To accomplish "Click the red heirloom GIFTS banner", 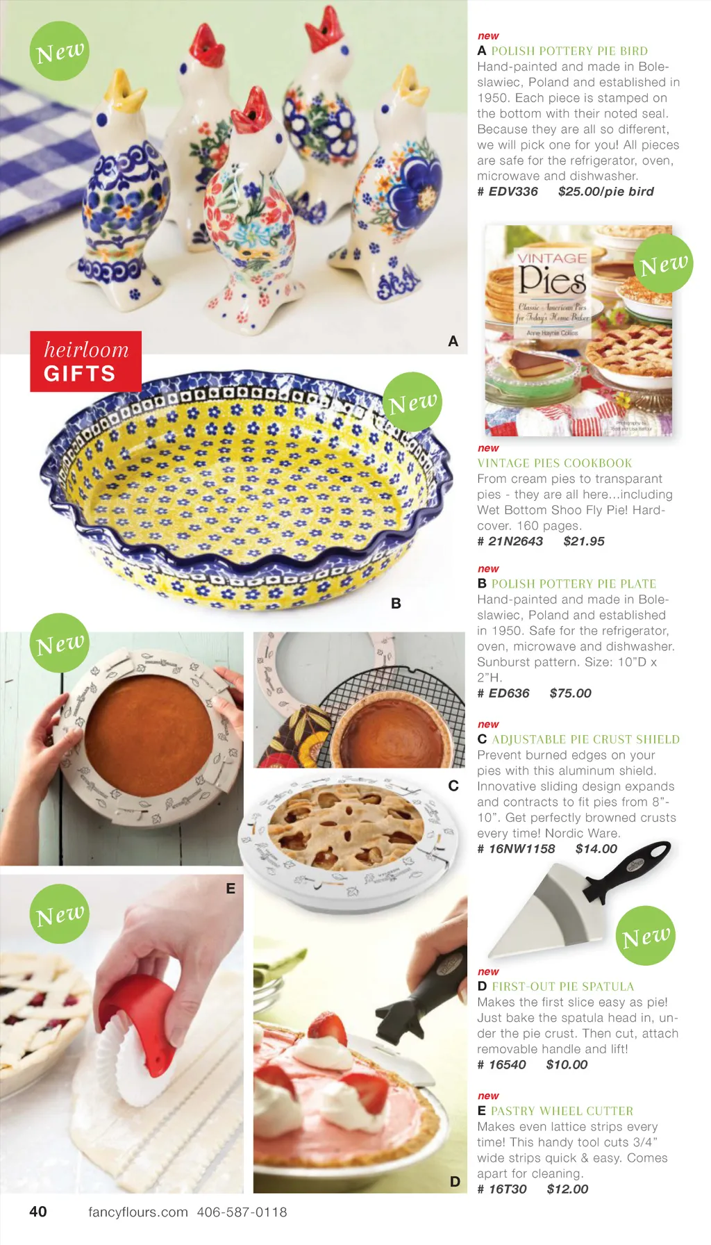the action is click(85, 361).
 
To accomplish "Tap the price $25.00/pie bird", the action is click(605, 192).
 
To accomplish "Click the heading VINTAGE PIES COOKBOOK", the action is click(555, 463).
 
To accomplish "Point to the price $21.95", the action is click(584, 541).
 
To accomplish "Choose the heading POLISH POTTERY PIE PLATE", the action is click(574, 584).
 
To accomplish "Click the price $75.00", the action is click(570, 693).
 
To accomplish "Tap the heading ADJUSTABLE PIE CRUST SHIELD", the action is click(585, 740).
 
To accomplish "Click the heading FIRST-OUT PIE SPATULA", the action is click(562, 987).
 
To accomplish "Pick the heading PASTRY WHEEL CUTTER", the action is click(562, 1111).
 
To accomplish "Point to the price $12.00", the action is click(567, 1189).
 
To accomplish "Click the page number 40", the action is click(38, 1212).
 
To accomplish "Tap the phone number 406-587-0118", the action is click(242, 1212).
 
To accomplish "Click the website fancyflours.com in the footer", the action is click(138, 1212).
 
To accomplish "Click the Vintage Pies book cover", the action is click(578, 331).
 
